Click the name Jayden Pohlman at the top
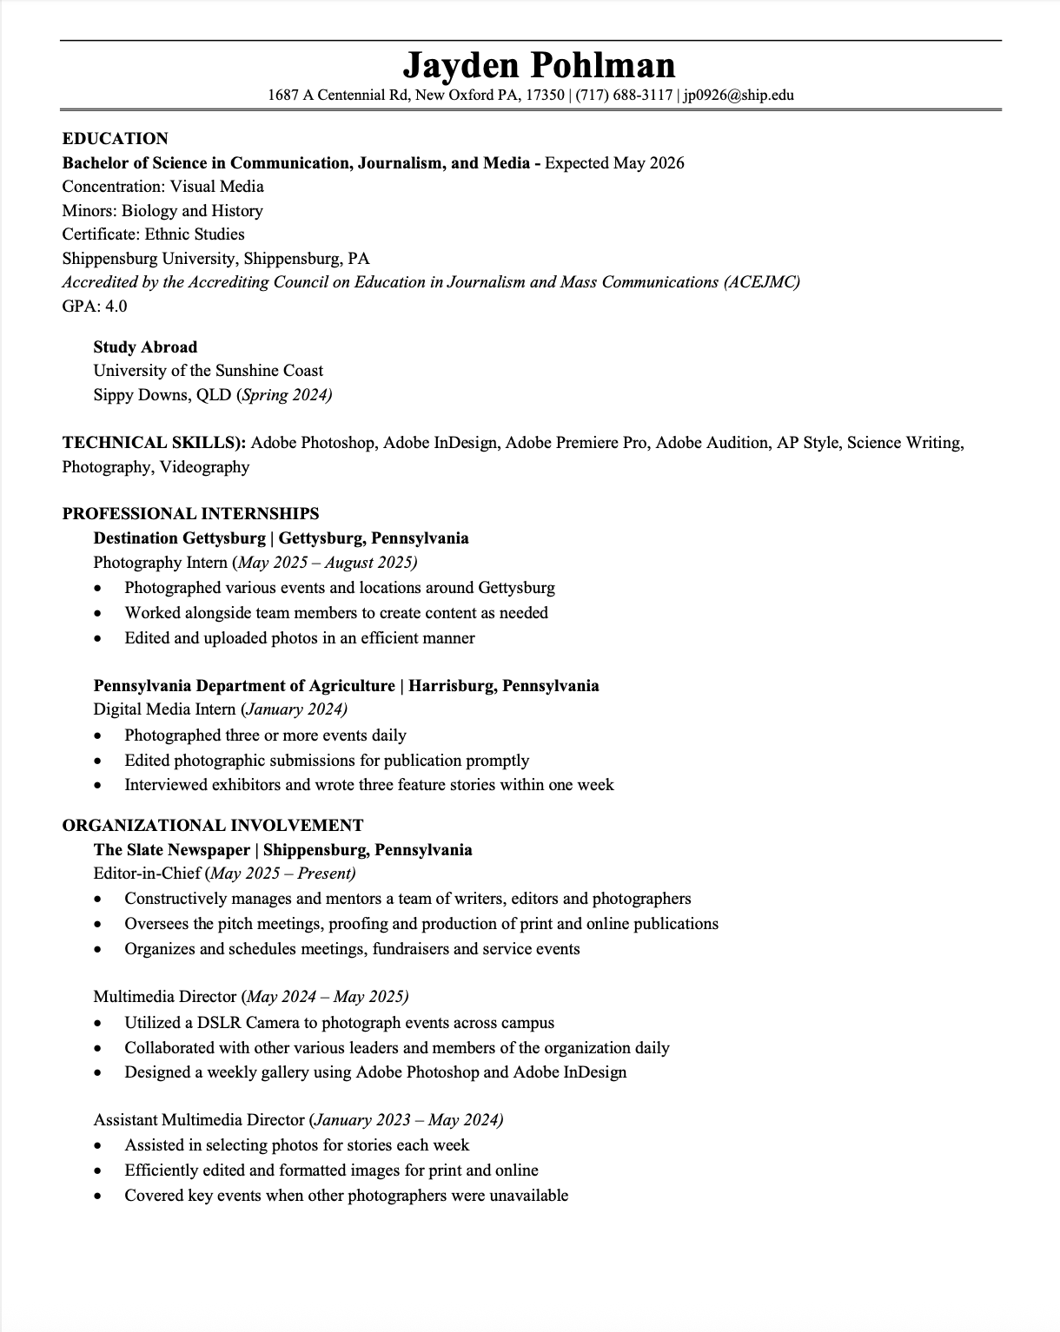pyautogui.click(x=539, y=65)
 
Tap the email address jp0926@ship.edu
pyautogui.click(x=738, y=95)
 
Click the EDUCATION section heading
pyautogui.click(x=115, y=139)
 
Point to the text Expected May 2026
pyautogui.click(x=614, y=163)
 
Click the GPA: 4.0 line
pyautogui.click(x=95, y=306)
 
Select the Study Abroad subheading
pyautogui.click(x=145, y=347)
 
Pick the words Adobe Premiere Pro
pyautogui.click(x=576, y=443)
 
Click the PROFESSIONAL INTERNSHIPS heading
pyautogui.click(x=190, y=513)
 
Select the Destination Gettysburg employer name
pyautogui.click(x=179, y=538)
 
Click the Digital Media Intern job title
pyautogui.click(x=164, y=709)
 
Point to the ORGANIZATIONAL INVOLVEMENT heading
pyautogui.click(x=213, y=825)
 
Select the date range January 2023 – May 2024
pyautogui.click(x=407, y=1120)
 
